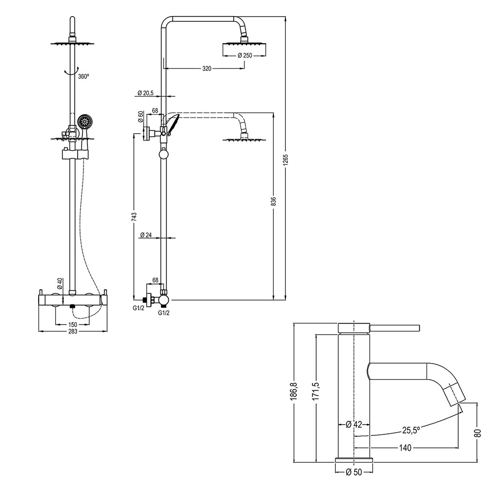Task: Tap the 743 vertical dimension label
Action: tap(135, 217)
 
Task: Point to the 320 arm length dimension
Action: tap(206, 69)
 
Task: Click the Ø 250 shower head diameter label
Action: tap(244, 56)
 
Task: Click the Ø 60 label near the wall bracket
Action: tap(141, 117)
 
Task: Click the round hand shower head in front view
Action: tap(85, 121)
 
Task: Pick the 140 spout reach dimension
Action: tap(405, 447)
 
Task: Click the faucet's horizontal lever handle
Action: tap(396, 326)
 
